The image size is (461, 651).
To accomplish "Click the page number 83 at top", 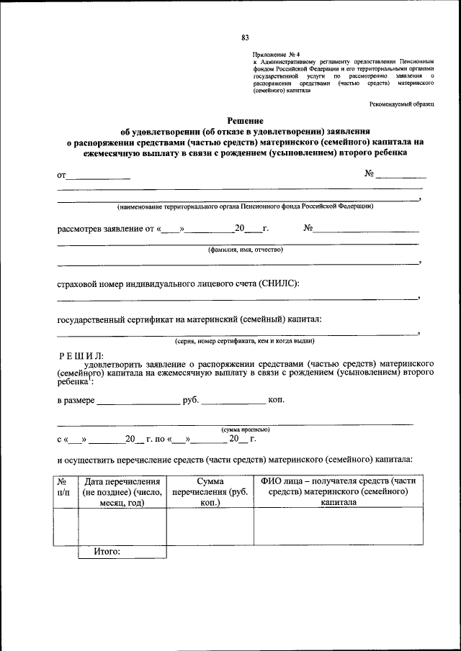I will point(245,37).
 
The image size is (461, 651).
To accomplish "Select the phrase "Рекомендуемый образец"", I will point(402,105).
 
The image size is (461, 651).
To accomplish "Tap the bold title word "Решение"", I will point(246,120).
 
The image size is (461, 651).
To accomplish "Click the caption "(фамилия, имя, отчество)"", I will point(246,250).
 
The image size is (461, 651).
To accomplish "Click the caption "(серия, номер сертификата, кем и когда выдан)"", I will point(244,340).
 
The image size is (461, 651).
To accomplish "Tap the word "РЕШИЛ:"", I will point(81,355).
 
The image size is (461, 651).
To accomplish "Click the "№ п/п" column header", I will point(63,486).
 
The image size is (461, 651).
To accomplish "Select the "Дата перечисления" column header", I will point(122,491).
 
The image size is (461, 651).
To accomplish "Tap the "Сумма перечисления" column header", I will point(210,491).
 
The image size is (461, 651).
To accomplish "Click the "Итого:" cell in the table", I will point(107,552).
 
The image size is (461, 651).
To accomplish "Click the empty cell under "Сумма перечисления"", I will point(210,527).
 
